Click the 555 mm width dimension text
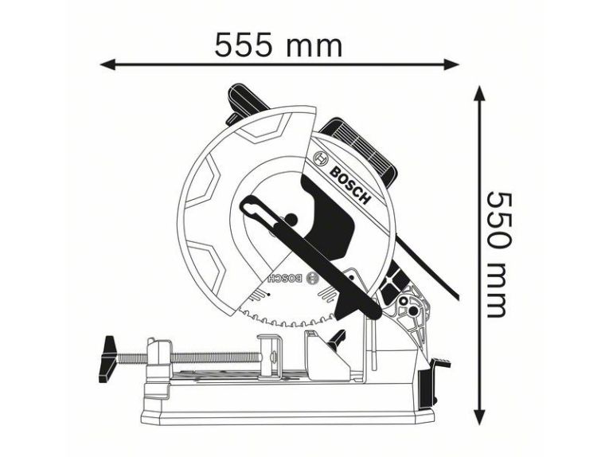pos(279,45)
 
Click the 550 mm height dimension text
pos(498,254)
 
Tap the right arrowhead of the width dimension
pos(452,64)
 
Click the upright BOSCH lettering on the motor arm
pos(349,186)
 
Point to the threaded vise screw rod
pos(189,357)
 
